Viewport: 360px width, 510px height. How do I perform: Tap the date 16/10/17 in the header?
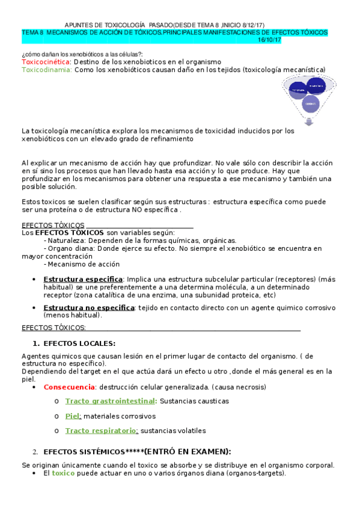[x=269, y=40]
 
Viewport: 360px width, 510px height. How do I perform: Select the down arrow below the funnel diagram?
[x=309, y=121]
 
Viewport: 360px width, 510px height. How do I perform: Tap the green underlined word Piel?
[x=73, y=416]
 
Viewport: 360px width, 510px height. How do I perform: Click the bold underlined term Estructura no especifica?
[x=89, y=308]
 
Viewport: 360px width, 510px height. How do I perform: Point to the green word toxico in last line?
[x=64, y=473]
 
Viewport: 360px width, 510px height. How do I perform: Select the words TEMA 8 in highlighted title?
[x=33, y=32]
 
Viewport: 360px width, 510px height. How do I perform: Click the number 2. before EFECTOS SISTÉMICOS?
[x=35, y=452]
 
